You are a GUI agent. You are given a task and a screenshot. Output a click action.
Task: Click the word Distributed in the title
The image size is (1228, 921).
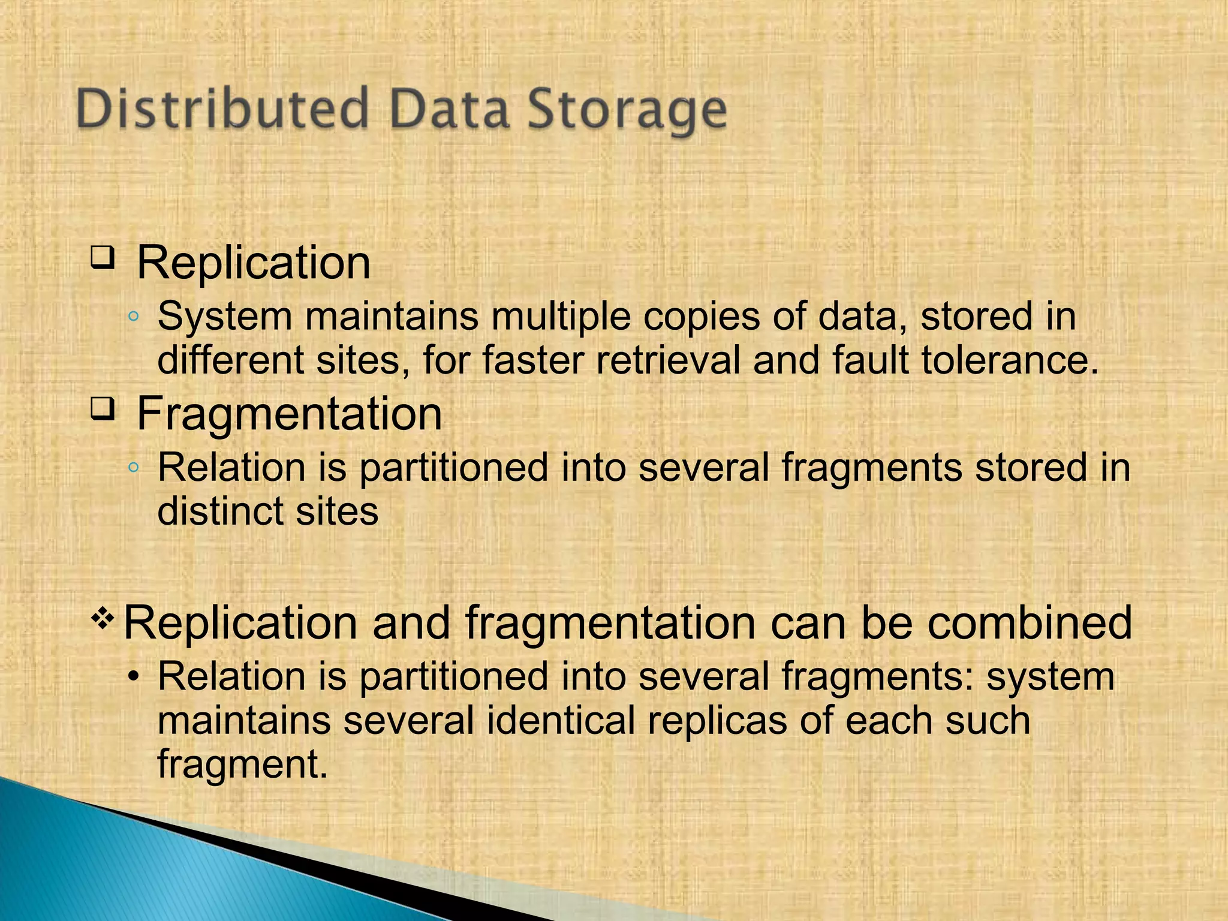[222, 109]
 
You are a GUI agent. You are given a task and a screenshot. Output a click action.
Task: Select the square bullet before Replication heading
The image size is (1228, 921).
[103, 258]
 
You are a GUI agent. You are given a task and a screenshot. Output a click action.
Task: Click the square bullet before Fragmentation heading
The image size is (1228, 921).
[103, 410]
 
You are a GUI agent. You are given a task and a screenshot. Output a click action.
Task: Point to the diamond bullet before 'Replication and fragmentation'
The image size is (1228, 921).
[103, 619]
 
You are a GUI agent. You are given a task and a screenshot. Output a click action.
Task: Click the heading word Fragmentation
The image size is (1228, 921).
[289, 414]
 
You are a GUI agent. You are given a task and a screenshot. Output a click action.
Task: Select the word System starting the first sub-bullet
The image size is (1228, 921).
[225, 317]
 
